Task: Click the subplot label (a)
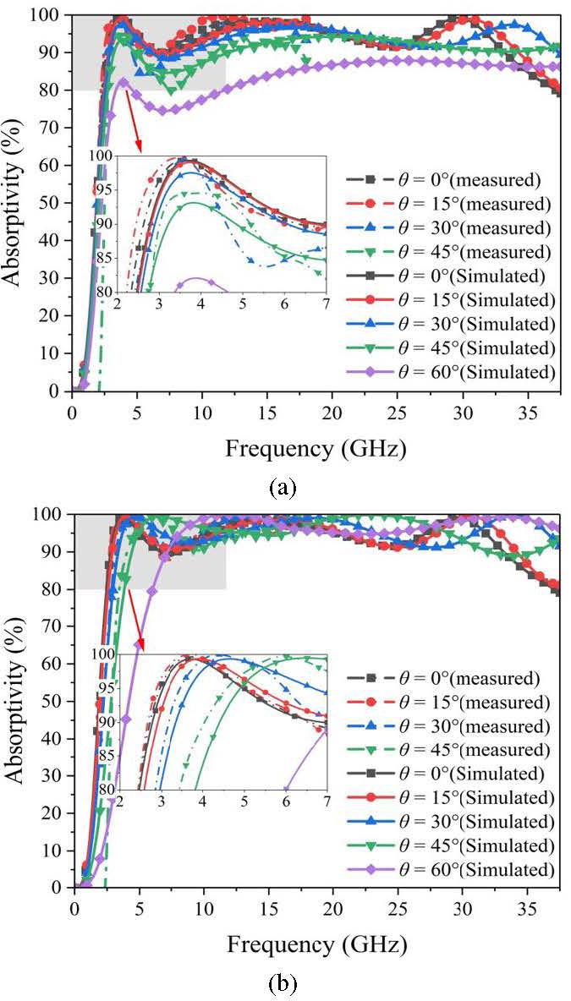pos(282,488)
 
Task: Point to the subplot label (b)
pos(282,983)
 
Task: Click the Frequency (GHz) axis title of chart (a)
pos(315,449)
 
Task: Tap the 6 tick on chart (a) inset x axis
pos(284,303)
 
